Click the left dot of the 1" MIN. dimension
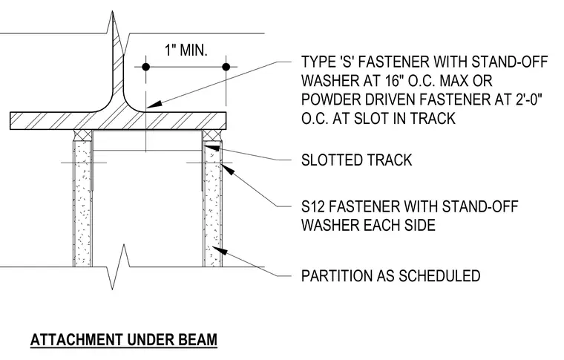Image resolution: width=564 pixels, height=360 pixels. [145, 67]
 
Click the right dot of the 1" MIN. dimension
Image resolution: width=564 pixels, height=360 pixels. [226, 67]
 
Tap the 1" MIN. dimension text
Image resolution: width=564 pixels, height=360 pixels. [186, 50]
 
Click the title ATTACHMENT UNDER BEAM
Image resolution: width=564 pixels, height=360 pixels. [124, 340]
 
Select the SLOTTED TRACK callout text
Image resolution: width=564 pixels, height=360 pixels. [356, 160]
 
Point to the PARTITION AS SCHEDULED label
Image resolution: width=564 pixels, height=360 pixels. [390, 276]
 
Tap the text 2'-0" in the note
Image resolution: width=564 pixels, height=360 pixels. [527, 99]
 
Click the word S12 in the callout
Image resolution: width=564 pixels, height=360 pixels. [314, 207]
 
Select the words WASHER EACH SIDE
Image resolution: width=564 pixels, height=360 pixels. [368, 226]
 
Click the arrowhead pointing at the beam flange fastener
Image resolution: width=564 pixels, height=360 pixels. [154, 105]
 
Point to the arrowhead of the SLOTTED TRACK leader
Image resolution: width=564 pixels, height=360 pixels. [212, 147]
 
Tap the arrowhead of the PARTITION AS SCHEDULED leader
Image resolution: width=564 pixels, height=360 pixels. [220, 250]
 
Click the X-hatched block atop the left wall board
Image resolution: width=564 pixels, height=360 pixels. [82, 135]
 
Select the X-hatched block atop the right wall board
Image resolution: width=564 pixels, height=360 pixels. [212, 135]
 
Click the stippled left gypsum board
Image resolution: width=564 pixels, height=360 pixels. [82, 203]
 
